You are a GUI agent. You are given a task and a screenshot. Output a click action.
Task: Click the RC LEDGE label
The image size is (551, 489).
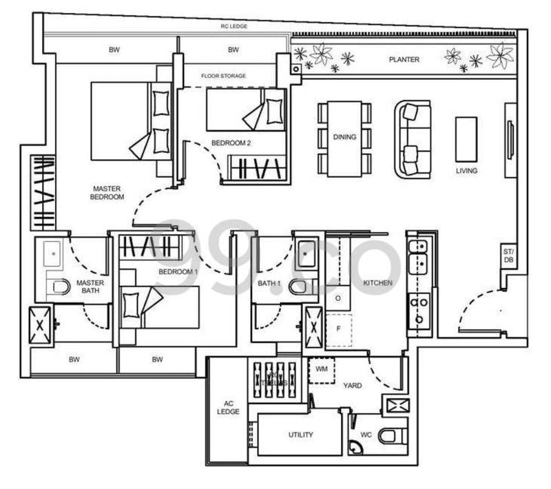233,26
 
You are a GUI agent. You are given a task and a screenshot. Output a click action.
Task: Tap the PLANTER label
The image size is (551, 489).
404,60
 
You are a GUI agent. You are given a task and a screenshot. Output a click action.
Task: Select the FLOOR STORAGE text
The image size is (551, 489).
224,76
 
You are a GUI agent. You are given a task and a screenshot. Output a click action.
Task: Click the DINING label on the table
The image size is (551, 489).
344,137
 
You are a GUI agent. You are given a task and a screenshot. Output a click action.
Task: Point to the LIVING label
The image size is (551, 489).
466,171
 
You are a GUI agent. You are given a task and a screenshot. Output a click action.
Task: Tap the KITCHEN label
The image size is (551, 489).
378,283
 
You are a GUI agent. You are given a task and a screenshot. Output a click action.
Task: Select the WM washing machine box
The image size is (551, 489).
321,370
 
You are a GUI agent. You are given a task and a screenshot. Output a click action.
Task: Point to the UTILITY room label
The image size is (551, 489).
301,435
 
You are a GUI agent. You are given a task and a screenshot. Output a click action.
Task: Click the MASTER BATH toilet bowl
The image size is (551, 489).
60,287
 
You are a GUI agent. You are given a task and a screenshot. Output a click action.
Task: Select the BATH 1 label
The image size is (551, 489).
269,284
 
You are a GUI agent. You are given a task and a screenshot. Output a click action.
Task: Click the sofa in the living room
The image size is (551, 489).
412,140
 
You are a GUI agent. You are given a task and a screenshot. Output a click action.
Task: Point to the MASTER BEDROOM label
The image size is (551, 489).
107,192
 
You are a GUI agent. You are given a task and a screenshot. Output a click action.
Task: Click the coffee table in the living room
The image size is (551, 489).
466,139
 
